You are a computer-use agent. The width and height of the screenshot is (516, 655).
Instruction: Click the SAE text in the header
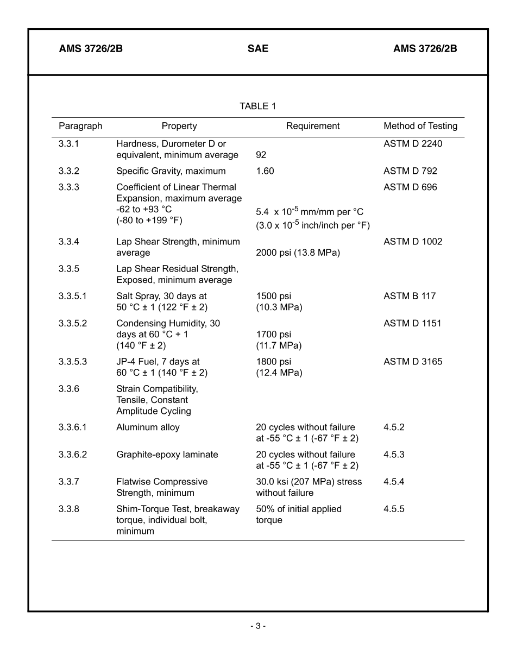pyautogui.click(x=257, y=49)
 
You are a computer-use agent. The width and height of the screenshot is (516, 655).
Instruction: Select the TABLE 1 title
pyautogui.click(x=257, y=106)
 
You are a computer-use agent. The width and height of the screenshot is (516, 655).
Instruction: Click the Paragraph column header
pyautogui.click(x=80, y=126)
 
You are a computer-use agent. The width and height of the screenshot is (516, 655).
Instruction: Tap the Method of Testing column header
pyautogui.click(x=420, y=126)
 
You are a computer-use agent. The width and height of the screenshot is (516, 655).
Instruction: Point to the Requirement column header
pyautogui.click(x=313, y=126)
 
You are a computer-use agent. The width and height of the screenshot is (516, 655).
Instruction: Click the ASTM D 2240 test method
pyautogui.click(x=413, y=144)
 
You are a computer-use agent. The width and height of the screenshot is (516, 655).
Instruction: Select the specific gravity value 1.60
pyautogui.click(x=265, y=171)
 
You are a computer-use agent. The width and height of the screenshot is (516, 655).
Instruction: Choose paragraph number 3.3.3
pyautogui.click(x=69, y=187)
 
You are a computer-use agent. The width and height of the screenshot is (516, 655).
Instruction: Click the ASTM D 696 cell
pyautogui.click(x=410, y=187)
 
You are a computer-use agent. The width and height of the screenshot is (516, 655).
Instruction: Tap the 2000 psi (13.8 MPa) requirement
pyautogui.click(x=298, y=253)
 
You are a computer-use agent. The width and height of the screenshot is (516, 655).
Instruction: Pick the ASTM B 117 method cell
pyautogui.click(x=410, y=296)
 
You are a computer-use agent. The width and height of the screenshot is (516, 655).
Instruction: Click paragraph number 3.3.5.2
pyautogui.click(x=73, y=323)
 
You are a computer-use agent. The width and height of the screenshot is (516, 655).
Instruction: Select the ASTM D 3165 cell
pyautogui.click(x=413, y=362)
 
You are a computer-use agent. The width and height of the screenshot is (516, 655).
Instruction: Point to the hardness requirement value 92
pyautogui.click(x=261, y=155)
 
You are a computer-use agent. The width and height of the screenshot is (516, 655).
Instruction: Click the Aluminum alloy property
pyautogui.click(x=148, y=427)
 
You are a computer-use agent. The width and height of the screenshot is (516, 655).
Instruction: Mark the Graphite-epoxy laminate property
pyautogui.click(x=167, y=455)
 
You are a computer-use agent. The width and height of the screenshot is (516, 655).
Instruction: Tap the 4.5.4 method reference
pyautogui.click(x=394, y=482)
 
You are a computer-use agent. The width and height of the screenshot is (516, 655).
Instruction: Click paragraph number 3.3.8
pyautogui.click(x=69, y=509)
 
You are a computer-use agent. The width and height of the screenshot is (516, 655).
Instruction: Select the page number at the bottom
pyautogui.click(x=258, y=626)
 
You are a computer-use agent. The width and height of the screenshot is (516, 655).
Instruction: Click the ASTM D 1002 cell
pyautogui.click(x=413, y=242)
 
